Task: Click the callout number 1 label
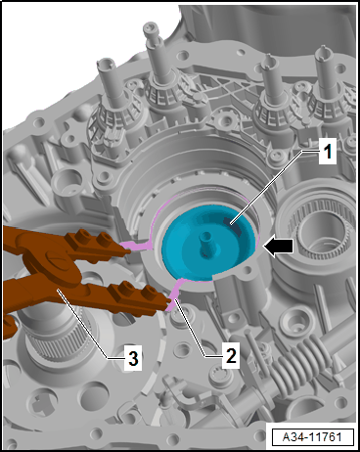(327, 153)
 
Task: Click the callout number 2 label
(231, 355)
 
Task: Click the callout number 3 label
(133, 359)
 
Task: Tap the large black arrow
(278, 247)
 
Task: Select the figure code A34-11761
(313, 436)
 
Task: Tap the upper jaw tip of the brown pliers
(128, 251)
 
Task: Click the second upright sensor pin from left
(156, 59)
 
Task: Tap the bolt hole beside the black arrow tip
(249, 269)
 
